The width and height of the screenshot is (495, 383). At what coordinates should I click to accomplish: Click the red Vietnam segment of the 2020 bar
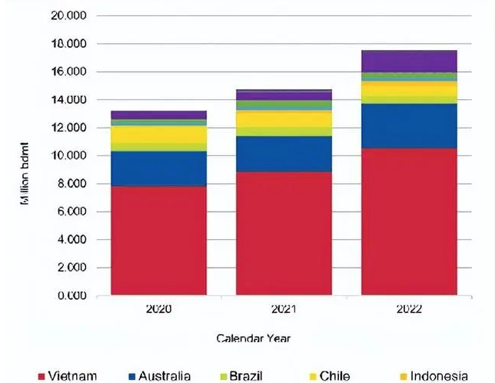tap(158, 240)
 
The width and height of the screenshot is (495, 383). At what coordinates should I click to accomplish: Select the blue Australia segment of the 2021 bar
tap(284, 153)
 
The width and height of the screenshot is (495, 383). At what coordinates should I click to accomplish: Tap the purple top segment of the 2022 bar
tap(409, 61)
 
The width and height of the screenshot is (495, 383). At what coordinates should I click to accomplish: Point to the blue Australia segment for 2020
tap(158, 168)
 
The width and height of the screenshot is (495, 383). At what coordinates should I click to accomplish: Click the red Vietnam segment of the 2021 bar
tap(284, 233)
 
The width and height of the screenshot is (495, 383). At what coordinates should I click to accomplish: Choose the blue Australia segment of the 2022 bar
tap(409, 125)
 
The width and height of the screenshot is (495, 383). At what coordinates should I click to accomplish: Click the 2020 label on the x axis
tap(158, 309)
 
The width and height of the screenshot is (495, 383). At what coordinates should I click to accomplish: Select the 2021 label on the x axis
tap(284, 309)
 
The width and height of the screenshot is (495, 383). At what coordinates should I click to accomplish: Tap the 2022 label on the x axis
tap(409, 309)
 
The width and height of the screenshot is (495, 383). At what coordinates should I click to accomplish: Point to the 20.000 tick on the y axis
tap(68, 15)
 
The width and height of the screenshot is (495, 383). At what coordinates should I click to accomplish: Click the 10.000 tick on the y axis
tap(68, 155)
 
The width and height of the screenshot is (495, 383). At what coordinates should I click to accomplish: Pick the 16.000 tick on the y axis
tap(68, 72)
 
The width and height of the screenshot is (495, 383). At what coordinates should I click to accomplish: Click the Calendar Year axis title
tap(253, 338)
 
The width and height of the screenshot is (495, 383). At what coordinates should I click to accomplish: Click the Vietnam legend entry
tap(67, 376)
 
